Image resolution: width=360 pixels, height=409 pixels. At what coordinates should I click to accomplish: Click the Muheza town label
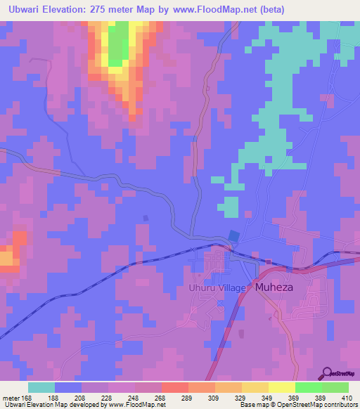278,288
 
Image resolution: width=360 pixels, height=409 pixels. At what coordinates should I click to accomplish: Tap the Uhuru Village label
216,288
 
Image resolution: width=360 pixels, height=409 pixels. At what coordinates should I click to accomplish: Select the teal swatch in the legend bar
41,387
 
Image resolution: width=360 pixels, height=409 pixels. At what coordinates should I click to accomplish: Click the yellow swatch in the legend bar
281,387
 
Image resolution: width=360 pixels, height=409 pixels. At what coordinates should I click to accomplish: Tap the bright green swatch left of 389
308,387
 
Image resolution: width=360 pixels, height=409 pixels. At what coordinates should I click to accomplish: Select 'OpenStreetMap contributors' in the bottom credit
319,405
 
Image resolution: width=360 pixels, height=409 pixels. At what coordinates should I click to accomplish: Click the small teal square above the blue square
230,206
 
